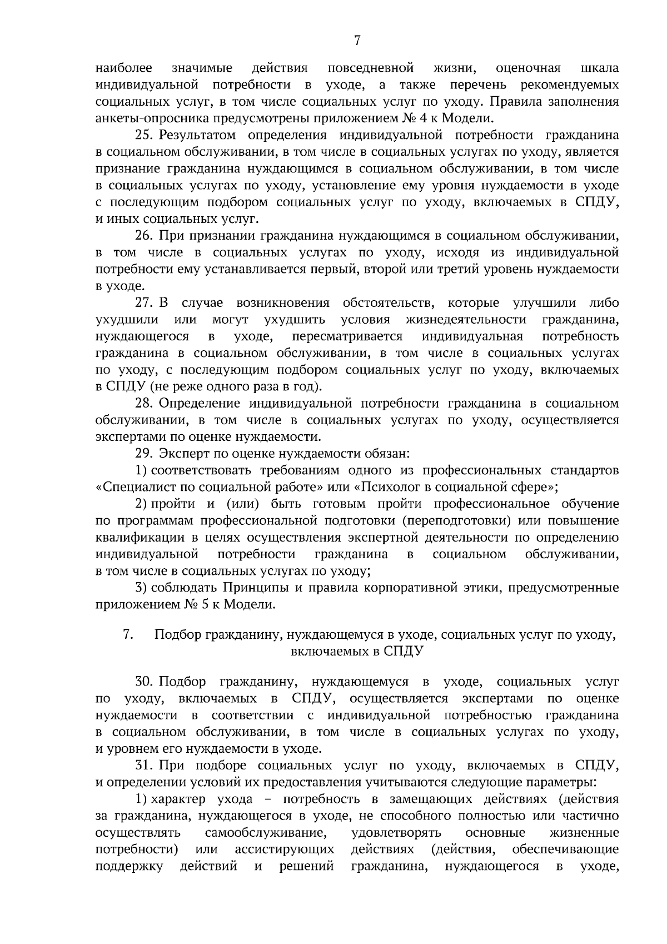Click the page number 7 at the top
pyautogui.click(x=357, y=41)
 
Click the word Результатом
pyautogui.click(x=197, y=135)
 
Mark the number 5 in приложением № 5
pyautogui.click(x=205, y=604)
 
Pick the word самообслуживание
pyautogui.click(x=265, y=833)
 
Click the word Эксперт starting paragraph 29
pyautogui.click(x=183, y=454)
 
